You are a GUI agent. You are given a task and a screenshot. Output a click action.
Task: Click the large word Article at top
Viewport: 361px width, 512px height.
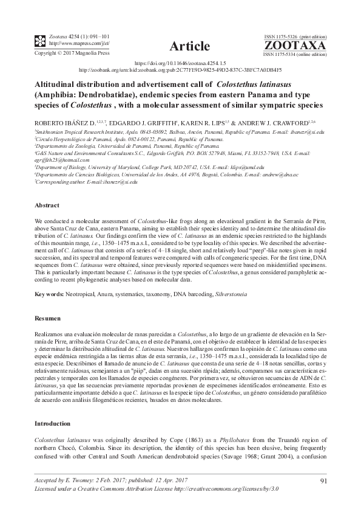(190, 46)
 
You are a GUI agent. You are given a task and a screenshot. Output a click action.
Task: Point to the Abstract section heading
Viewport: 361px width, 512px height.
(47, 206)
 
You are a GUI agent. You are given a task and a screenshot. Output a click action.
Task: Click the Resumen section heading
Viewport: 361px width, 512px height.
(48, 318)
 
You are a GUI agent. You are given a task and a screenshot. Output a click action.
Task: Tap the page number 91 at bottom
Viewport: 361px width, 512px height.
(323, 482)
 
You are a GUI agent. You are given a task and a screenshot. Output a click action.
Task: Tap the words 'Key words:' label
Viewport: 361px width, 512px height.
(50, 294)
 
